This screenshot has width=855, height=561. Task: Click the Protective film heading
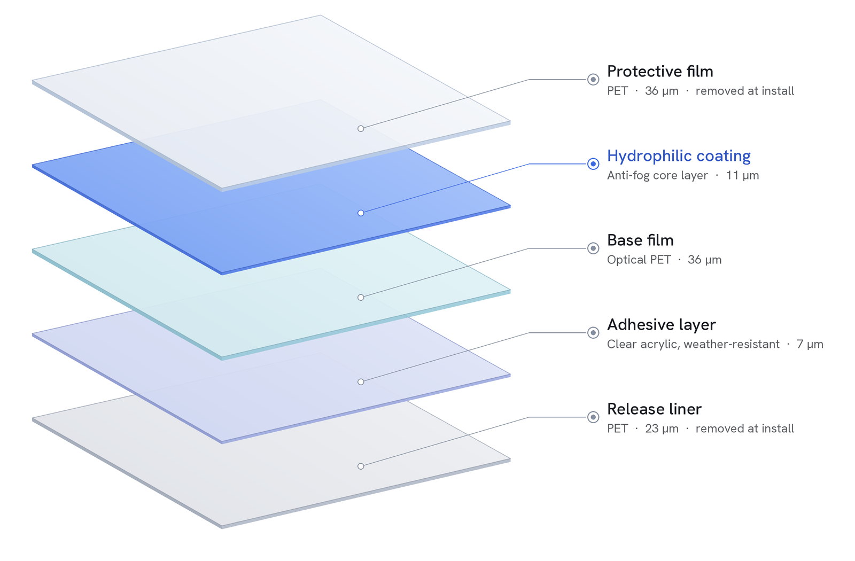[x=660, y=72]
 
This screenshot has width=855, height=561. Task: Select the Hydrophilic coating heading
[x=679, y=156]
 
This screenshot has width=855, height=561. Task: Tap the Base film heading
[x=640, y=240]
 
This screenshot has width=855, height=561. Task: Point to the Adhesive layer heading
[x=662, y=325]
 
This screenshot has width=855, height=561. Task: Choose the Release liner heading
[x=654, y=409]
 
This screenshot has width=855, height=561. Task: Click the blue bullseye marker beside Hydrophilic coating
[x=593, y=164]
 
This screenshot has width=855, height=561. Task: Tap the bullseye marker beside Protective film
[x=593, y=80]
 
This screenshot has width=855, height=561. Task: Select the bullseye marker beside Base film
[x=593, y=248]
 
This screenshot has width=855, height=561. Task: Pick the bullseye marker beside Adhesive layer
[x=593, y=333]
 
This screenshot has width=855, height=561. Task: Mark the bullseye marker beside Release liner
[x=593, y=417]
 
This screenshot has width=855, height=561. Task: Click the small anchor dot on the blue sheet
[x=361, y=213]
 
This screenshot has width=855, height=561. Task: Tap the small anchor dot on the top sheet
[x=361, y=129]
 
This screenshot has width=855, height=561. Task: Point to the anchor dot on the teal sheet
[x=361, y=297]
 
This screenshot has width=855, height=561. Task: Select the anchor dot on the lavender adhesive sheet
[x=361, y=381]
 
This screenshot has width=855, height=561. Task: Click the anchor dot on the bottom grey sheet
[x=361, y=466]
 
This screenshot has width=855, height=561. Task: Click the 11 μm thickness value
[x=742, y=176]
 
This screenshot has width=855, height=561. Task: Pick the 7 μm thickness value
[x=810, y=344]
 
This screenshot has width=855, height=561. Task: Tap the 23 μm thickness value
[x=662, y=428]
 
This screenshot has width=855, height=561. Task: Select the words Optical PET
[x=639, y=260]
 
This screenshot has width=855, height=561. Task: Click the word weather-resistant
[x=732, y=344]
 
